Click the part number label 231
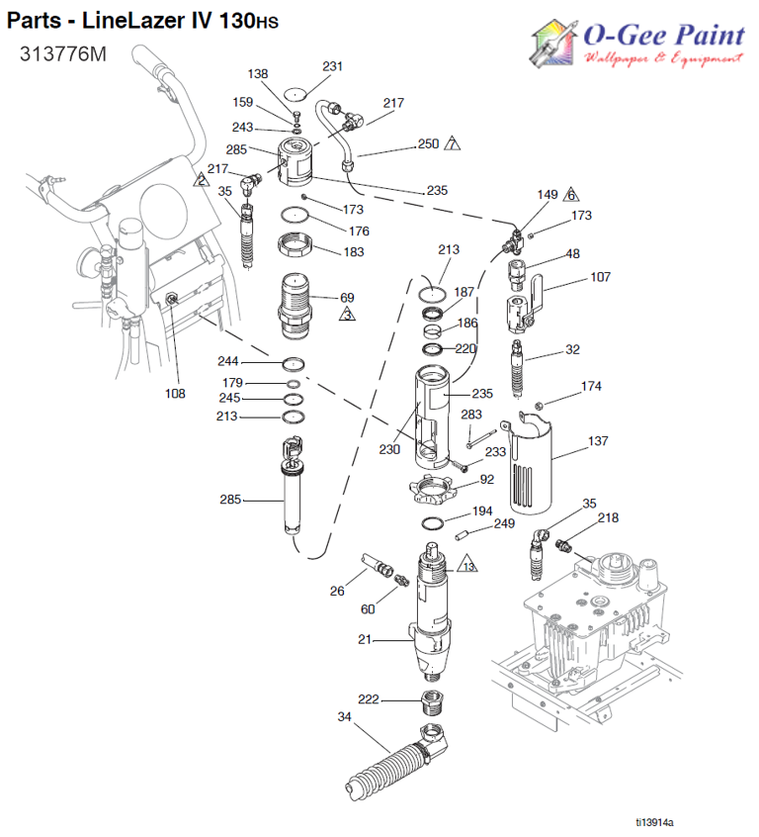(333, 66)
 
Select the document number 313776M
(61, 55)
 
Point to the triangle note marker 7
(453, 144)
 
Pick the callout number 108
(175, 393)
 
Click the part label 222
(368, 699)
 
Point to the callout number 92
(486, 481)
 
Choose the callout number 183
(352, 252)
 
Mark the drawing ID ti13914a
(661, 821)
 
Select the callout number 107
(600, 277)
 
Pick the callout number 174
(591, 386)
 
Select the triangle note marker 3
(348, 315)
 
